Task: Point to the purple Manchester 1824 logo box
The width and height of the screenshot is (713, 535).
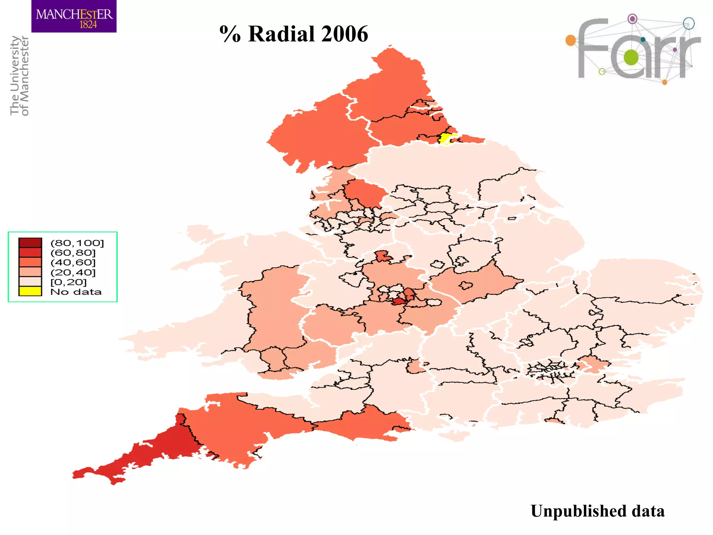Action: [74, 16]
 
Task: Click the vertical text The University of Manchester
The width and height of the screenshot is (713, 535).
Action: [19, 75]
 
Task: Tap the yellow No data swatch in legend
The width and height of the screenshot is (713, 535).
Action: [30, 291]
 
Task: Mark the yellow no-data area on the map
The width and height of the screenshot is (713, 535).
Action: [445, 138]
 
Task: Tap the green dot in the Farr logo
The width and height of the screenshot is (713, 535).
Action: [631, 57]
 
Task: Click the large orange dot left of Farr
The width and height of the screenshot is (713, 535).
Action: [571, 40]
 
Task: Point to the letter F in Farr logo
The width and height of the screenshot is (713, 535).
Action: [592, 49]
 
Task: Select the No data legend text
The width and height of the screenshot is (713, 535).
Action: [76, 292]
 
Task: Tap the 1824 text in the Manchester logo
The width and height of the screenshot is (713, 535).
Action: [88, 25]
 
